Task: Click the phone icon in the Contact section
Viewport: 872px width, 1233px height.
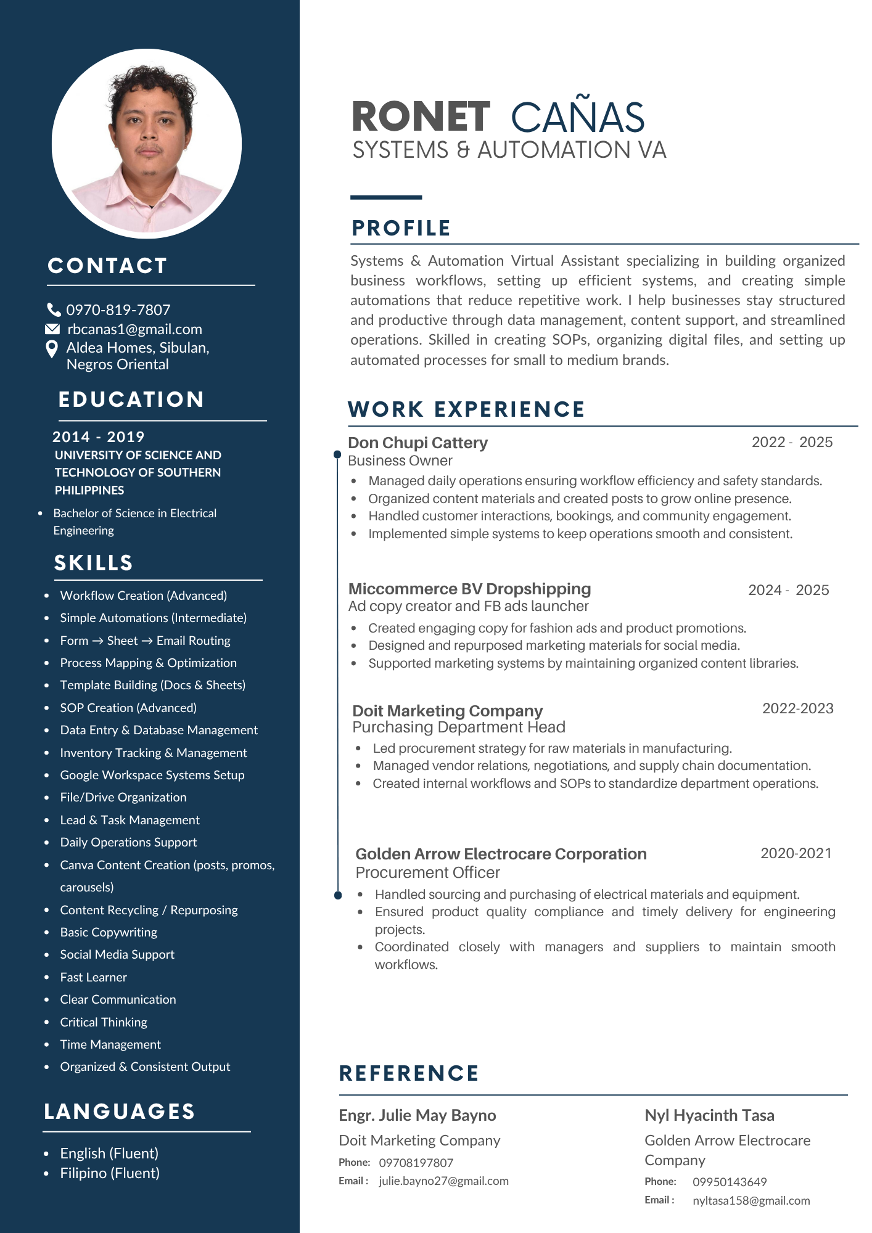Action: (x=54, y=309)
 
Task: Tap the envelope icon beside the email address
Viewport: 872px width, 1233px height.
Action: (x=53, y=329)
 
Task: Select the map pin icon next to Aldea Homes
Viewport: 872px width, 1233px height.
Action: (x=52, y=350)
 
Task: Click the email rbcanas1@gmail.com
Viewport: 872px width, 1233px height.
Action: (x=134, y=329)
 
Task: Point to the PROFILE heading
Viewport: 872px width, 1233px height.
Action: (x=401, y=228)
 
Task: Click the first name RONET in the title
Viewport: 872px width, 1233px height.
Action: (x=421, y=117)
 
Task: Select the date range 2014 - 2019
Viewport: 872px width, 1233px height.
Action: (x=98, y=437)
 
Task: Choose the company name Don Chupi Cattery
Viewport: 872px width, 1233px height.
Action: (x=417, y=443)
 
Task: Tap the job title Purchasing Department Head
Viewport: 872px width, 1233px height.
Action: (x=458, y=727)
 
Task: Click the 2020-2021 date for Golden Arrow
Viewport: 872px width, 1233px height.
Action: (x=796, y=853)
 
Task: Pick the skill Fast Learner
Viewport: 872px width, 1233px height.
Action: (x=93, y=977)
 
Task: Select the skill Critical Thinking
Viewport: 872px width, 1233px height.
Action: (x=104, y=1022)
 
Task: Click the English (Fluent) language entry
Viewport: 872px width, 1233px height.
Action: (x=109, y=1153)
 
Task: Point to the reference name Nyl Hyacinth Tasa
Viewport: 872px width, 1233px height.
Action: (x=709, y=1115)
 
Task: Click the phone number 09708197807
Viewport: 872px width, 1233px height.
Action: (x=416, y=1163)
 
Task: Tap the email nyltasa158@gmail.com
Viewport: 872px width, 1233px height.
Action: (x=751, y=1200)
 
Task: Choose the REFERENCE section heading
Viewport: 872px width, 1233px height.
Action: (x=409, y=1073)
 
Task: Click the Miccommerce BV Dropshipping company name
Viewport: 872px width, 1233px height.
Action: (x=469, y=589)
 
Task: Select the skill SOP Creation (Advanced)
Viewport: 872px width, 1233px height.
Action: (x=128, y=708)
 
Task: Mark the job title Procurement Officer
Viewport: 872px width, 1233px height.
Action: (x=427, y=873)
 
